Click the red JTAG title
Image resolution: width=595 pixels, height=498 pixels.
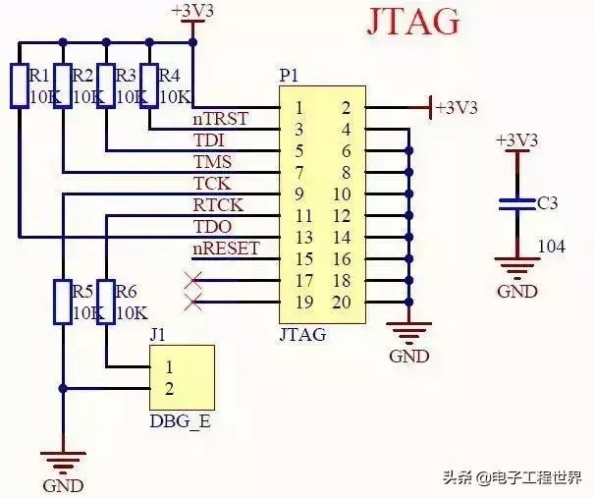point(413,22)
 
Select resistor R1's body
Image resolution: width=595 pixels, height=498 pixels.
point(20,86)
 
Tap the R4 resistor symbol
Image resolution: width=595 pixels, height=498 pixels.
point(149,86)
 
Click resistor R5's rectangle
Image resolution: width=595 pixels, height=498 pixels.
point(63,303)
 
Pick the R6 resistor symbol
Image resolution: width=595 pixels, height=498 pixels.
point(106,303)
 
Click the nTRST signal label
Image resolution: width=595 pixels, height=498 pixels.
point(221,119)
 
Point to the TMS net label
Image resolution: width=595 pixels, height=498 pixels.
point(212,162)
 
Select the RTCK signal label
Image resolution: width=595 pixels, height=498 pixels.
point(218,205)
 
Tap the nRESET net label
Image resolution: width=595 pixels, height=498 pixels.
point(226,249)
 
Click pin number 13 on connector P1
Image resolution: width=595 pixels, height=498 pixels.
point(304,238)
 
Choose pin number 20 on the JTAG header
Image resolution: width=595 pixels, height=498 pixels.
point(342,303)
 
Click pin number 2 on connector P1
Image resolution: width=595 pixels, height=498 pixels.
point(346,109)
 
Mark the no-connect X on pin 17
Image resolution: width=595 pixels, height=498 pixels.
point(193,281)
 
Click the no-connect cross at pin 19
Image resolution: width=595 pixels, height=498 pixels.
point(193,303)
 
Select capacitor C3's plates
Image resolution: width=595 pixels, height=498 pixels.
point(517,204)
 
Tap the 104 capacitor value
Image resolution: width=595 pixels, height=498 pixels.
point(552,247)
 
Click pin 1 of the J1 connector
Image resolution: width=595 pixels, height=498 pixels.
point(169,367)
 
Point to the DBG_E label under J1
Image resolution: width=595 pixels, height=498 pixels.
point(180,421)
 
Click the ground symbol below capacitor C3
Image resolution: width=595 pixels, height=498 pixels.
point(517,266)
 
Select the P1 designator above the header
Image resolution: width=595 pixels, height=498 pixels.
point(289,77)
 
